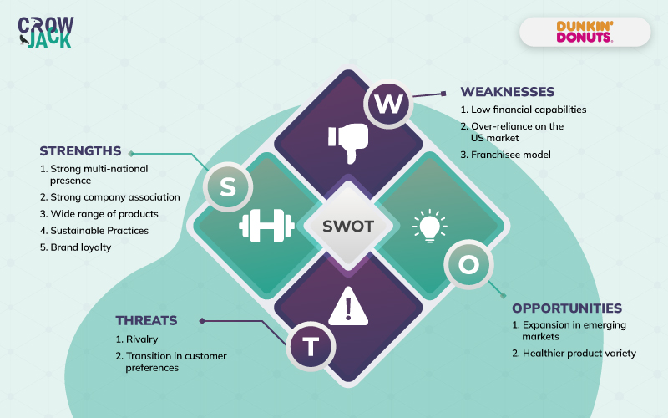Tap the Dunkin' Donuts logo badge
click(584, 32)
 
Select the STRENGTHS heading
click(80, 151)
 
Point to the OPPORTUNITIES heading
click(567, 308)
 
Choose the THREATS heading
click(146, 320)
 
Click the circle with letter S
click(227, 187)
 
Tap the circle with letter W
click(387, 104)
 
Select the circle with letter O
click(468, 264)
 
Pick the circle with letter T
click(311, 346)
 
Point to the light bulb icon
click(429, 226)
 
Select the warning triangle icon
click(348, 306)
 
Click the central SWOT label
click(347, 226)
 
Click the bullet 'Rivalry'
click(139, 339)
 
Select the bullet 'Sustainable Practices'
click(94, 231)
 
